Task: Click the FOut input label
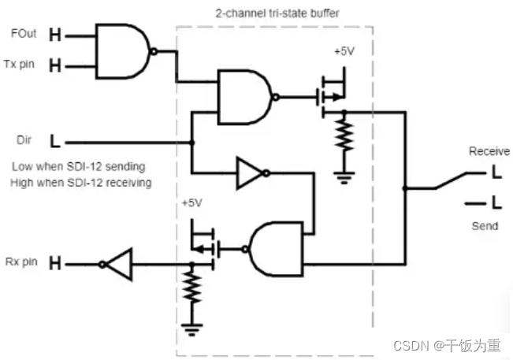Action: click(x=22, y=35)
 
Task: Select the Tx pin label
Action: click(x=22, y=65)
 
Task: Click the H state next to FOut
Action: click(x=54, y=35)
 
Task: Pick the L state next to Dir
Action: click(x=54, y=143)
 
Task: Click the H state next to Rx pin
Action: click(x=54, y=262)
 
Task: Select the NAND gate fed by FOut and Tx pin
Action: click(x=122, y=50)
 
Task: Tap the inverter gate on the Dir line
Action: click(x=250, y=173)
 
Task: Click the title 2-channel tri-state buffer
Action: click(x=272, y=13)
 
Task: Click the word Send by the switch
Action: click(x=485, y=226)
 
